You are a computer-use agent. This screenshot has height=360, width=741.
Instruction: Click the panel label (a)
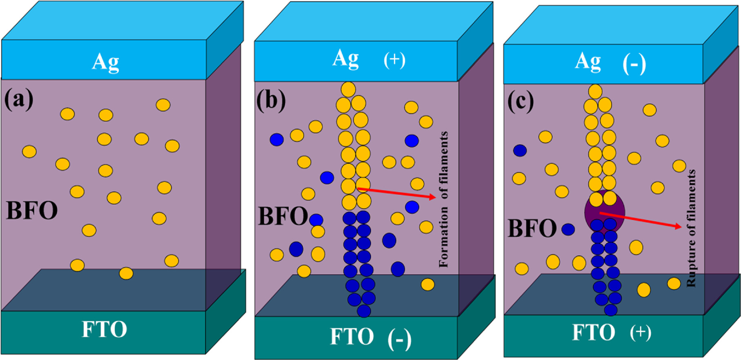pyautogui.click(x=19, y=99)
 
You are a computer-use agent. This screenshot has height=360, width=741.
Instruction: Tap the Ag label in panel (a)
pyautogui.click(x=106, y=63)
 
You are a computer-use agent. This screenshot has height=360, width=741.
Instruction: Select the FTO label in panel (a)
pyautogui.click(x=105, y=329)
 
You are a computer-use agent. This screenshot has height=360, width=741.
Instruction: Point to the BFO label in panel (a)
pyautogui.click(x=32, y=211)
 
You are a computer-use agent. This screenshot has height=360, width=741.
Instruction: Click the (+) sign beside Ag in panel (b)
pyautogui.click(x=394, y=60)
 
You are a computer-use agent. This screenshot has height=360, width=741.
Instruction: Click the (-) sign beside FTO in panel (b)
pyautogui.click(x=399, y=340)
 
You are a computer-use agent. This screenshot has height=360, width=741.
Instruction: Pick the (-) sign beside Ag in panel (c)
pyautogui.click(x=634, y=64)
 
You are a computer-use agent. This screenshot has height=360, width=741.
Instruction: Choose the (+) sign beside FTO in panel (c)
pyautogui.click(x=640, y=333)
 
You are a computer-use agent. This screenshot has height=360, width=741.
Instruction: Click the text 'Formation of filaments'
pyautogui.click(x=444, y=199)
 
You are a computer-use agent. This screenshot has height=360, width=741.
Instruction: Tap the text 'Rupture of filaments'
pyautogui.click(x=690, y=228)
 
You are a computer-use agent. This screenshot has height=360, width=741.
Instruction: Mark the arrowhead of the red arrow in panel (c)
pyautogui.click(x=679, y=226)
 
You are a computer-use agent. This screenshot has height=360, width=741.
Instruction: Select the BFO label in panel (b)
pyautogui.click(x=283, y=216)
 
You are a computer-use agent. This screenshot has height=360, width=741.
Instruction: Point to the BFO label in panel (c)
pyautogui.click(x=532, y=228)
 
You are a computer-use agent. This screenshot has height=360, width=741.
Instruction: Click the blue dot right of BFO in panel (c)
pyautogui.click(x=568, y=229)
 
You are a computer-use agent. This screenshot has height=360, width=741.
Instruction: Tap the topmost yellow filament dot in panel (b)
pyautogui.click(x=348, y=89)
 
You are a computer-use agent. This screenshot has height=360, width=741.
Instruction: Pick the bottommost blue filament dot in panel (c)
pyautogui.click(x=611, y=310)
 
